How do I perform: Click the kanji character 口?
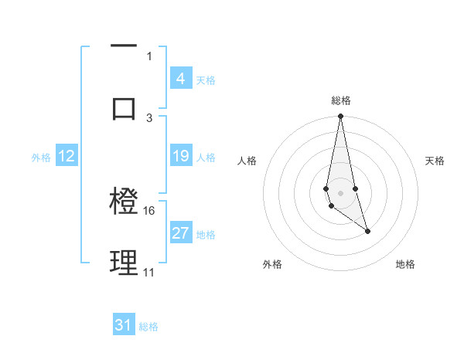pyautogui.click(x=124, y=108)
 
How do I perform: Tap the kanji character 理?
pyautogui.click(x=124, y=263)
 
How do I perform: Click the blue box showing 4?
pyautogui.click(x=180, y=79)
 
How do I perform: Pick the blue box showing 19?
pyautogui.click(x=180, y=157)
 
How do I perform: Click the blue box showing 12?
pyautogui.click(x=67, y=157)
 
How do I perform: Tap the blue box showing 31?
pyautogui.click(x=124, y=326)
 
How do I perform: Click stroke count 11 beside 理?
pyautogui.click(x=149, y=273)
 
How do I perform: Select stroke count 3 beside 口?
pyautogui.click(x=149, y=117)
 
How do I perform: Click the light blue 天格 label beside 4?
pyautogui.click(x=206, y=80)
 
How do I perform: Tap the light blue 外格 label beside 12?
pyautogui.click(x=41, y=158)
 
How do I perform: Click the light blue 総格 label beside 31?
pyautogui.click(x=148, y=327)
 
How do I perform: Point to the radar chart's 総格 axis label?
pyautogui.click(x=341, y=100)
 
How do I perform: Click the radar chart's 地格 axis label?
pyautogui.click(x=405, y=265)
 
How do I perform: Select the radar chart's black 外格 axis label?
pyautogui.click(x=272, y=265)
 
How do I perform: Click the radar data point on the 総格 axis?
pyautogui.click(x=340, y=117)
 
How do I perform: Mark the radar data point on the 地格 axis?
pyautogui.click(x=367, y=231)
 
